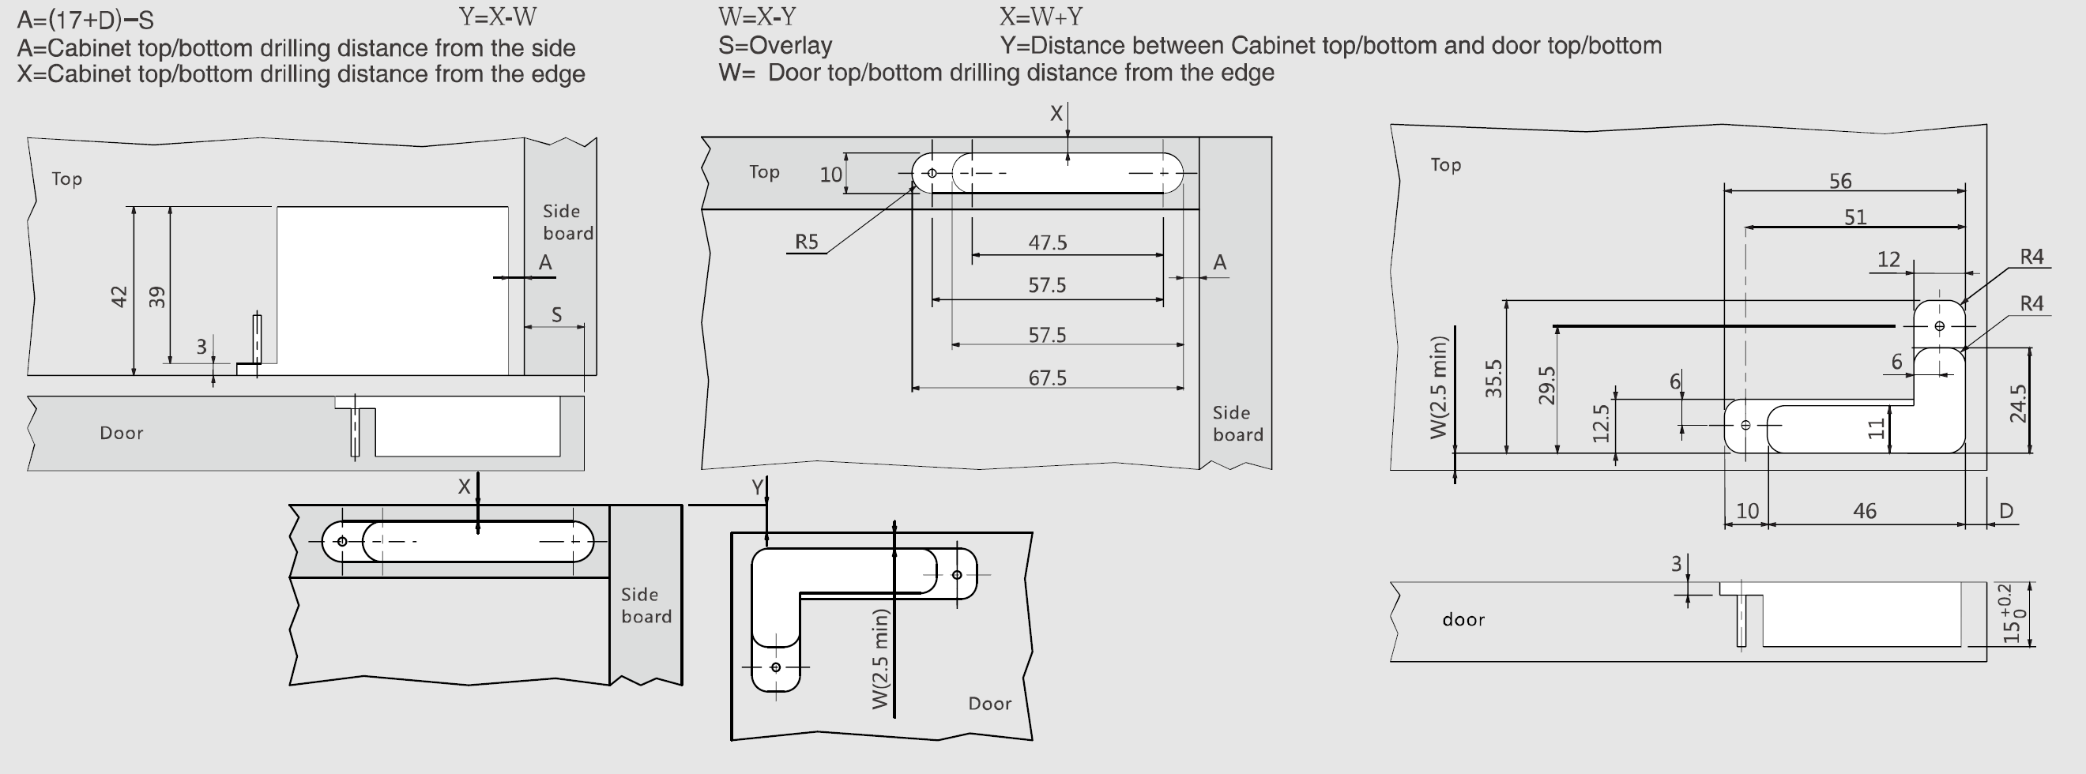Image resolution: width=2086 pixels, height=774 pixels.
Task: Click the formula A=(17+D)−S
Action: pyautogui.click(x=85, y=20)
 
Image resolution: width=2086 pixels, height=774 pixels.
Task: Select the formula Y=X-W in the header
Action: pyautogui.click(x=497, y=17)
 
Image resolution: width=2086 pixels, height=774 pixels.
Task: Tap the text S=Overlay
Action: pyautogui.click(x=775, y=45)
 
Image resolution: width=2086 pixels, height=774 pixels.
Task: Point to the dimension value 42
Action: pyautogui.click(x=119, y=296)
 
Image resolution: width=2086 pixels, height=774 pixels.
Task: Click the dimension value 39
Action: pyautogui.click(x=157, y=296)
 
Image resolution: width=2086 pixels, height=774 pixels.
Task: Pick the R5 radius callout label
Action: pyautogui.click(x=807, y=241)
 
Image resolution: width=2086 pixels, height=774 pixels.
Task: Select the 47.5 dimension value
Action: pyautogui.click(x=1047, y=242)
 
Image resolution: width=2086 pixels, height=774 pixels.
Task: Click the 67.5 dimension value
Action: pyautogui.click(x=1047, y=378)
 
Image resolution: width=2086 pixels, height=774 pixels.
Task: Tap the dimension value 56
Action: pyautogui.click(x=1839, y=181)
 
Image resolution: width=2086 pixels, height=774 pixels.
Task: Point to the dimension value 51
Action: pyautogui.click(x=1855, y=217)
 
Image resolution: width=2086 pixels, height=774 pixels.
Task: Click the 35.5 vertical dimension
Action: pyautogui.click(x=1493, y=378)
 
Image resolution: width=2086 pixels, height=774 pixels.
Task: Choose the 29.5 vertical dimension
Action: pyautogui.click(x=1546, y=385)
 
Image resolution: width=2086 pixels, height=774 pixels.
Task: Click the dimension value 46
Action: pyautogui.click(x=1864, y=511)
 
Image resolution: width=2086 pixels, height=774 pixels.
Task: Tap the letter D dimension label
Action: pyautogui.click(x=2006, y=511)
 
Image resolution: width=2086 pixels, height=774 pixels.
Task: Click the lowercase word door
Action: pyautogui.click(x=1463, y=620)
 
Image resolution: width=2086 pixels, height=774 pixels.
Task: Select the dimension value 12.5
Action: pyautogui.click(x=1600, y=423)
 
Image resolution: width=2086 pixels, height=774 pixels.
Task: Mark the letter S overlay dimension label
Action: pyautogui.click(x=556, y=314)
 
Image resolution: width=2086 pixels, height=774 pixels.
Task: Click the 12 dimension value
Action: pyautogui.click(x=1888, y=259)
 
